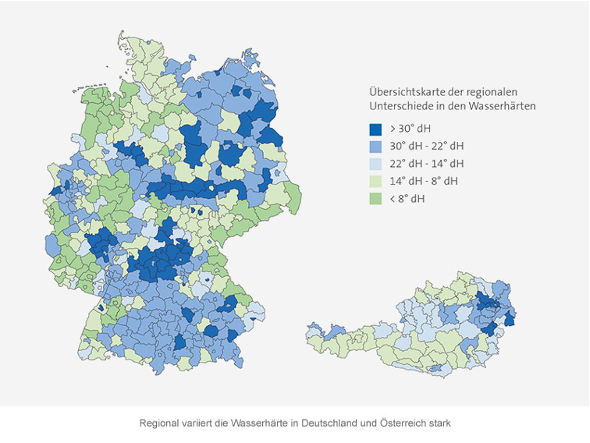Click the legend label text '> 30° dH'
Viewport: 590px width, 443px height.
410,129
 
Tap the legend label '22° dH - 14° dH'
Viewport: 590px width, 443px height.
426,164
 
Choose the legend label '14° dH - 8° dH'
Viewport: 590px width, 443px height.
424,181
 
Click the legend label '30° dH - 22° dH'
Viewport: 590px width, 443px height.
426,146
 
